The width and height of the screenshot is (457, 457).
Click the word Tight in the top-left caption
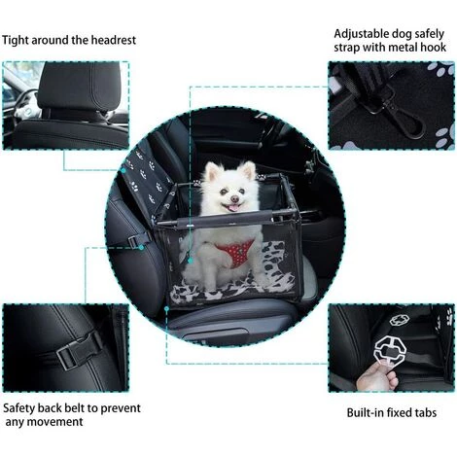point(17,40)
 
